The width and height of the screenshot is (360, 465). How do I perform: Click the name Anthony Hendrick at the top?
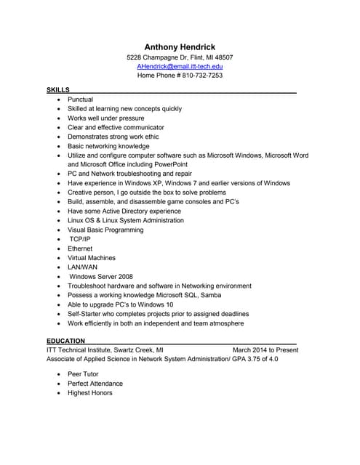(x=180, y=46)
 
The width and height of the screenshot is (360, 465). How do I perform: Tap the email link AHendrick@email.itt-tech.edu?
(x=180, y=66)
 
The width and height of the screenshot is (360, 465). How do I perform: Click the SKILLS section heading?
(x=57, y=89)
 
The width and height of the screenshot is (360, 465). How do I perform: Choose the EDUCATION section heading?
(x=65, y=341)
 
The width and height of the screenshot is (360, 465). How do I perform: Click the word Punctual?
(x=80, y=99)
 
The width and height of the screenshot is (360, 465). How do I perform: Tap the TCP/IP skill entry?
(x=80, y=239)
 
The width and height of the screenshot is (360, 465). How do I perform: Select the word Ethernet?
(x=80, y=248)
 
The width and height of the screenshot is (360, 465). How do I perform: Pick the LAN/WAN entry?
(x=82, y=267)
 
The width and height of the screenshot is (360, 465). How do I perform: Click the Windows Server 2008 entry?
(x=101, y=277)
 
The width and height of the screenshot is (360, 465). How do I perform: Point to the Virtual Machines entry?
(x=92, y=258)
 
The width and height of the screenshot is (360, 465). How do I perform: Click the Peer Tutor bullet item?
(x=83, y=374)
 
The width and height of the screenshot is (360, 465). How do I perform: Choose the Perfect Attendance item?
(x=95, y=384)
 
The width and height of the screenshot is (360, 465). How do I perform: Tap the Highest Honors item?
(x=90, y=393)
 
